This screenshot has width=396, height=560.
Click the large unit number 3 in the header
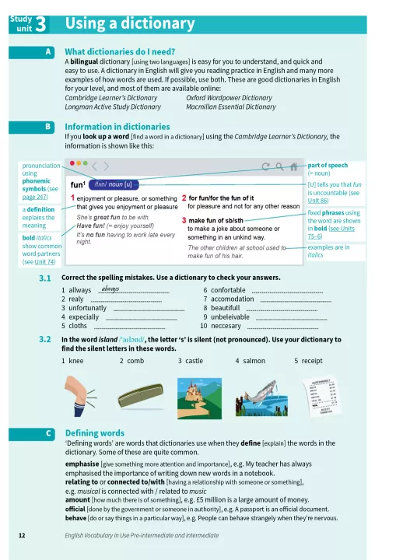pyautogui.click(x=40, y=24)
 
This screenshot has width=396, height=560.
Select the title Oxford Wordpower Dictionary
pyautogui.click(x=229, y=98)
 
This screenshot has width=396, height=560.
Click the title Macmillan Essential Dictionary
pyautogui.click(x=231, y=107)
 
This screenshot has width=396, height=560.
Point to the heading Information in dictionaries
pyautogui.click(x=117, y=127)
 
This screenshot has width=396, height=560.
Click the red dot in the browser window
pyautogui.click(x=72, y=163)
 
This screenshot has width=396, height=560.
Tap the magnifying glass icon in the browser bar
pyautogui.click(x=279, y=166)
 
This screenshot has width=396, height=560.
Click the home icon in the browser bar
pyautogui.click(x=293, y=166)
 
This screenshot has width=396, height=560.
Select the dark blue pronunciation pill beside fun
pyautogui.click(x=114, y=184)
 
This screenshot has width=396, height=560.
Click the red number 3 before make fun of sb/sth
pyautogui.click(x=184, y=220)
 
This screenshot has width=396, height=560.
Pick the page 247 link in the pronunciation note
pyautogui.click(x=35, y=197)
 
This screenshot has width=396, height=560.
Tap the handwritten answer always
pyautogui.click(x=110, y=289)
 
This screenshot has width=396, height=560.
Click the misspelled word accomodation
pyautogui.click(x=233, y=299)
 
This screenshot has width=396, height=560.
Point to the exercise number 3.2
pyautogui.click(x=45, y=339)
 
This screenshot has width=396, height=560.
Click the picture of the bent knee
pyautogui.click(x=80, y=396)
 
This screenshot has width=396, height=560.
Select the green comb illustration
pyautogui.click(x=140, y=395)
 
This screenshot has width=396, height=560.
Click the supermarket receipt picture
pyautogui.click(x=321, y=397)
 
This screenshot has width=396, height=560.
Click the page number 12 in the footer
pyautogui.click(x=22, y=535)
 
